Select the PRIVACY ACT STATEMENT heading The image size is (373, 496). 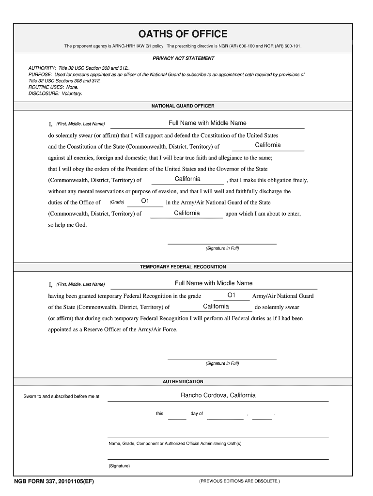click(183, 58)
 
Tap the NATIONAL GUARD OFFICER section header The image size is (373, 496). click(183, 106)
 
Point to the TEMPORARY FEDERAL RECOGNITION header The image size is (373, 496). click(183, 267)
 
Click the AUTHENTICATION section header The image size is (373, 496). click(183, 382)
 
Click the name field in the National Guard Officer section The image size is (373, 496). click(207, 123)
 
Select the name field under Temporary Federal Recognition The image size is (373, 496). click(214, 283)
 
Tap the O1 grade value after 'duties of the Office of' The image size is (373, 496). click(145, 201)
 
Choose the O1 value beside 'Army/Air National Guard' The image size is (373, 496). click(231, 295)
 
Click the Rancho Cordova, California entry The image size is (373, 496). click(218, 395)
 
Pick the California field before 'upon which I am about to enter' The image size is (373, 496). click(186, 213)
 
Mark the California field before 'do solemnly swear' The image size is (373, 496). click(216, 306)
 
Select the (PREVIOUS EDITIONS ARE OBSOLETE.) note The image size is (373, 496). click(239, 481)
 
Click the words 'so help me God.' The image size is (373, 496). click(67, 225)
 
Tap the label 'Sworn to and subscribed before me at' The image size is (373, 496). click(62, 396)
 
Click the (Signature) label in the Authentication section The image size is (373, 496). click(119, 466)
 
